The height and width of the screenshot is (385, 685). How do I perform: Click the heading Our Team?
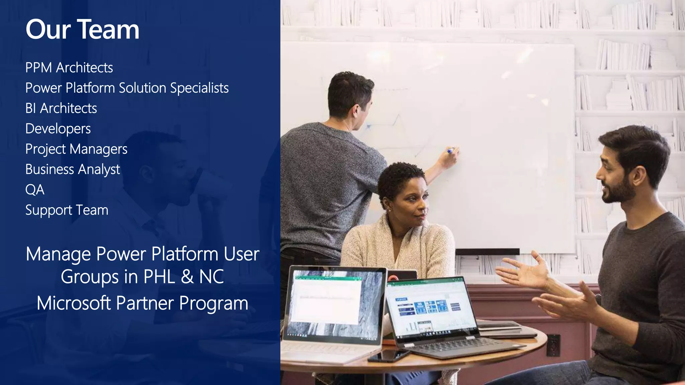coord(82,29)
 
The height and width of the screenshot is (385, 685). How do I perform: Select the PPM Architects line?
coord(69,68)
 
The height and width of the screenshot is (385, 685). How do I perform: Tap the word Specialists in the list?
coord(199,88)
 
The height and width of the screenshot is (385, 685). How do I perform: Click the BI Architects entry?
coord(61,109)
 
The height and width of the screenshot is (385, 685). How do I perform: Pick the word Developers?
coord(58,129)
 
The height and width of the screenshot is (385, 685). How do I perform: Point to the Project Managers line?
coord(76,149)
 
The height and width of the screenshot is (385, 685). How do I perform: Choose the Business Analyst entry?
coord(73,170)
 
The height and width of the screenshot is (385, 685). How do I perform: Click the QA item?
coord(35,190)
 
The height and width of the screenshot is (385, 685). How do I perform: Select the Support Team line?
coord(67,210)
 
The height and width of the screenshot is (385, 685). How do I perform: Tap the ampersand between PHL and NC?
coord(187,277)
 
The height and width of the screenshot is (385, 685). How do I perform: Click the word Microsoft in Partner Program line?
coord(74,303)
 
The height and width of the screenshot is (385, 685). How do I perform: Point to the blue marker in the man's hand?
coord(451,151)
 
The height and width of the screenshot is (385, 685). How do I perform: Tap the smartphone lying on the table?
coord(388,356)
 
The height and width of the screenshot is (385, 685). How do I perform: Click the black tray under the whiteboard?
coord(487,252)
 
